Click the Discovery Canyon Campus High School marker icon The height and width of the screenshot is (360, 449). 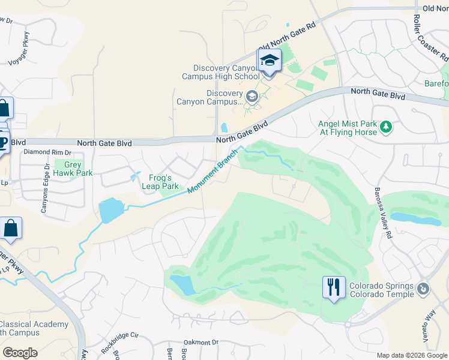pyautogui.click(x=269, y=61)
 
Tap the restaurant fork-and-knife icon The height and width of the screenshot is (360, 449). pyautogui.click(x=333, y=287)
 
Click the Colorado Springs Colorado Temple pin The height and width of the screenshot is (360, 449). pyautogui.click(x=424, y=289)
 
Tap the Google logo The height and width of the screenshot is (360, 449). pyautogui.click(x=20, y=353)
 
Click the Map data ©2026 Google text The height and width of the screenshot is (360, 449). pyautogui.click(x=411, y=355)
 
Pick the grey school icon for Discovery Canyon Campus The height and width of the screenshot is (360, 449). pyautogui.click(x=252, y=95)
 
